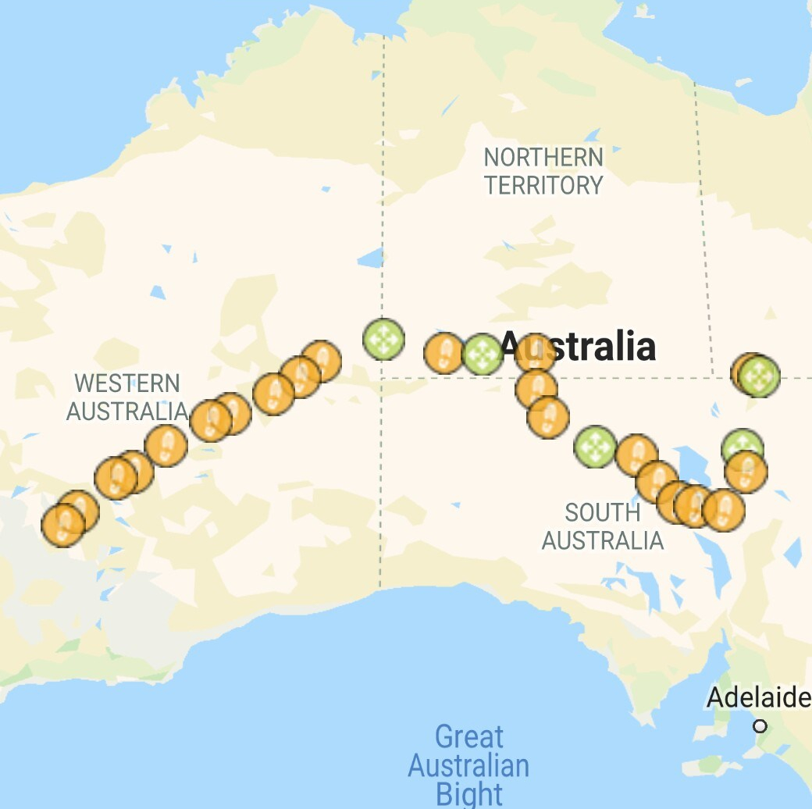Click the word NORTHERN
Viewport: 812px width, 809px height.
point(543,157)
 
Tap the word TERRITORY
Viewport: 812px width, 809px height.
point(543,185)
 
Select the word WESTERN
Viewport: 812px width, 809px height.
point(127,383)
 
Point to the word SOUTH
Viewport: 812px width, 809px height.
point(602,513)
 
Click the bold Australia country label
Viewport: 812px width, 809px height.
point(578,345)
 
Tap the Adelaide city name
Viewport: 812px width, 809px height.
point(758,697)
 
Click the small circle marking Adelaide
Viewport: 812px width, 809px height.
point(760,726)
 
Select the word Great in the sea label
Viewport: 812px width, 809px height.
point(469,736)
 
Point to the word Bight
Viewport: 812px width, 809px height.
point(469,793)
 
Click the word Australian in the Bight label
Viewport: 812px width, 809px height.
point(469,765)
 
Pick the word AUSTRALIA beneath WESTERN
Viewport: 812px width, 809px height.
point(127,411)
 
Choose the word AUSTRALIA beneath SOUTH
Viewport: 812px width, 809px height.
point(602,540)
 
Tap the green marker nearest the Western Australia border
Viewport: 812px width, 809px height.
point(383,340)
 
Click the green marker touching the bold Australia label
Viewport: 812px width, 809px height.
point(482,355)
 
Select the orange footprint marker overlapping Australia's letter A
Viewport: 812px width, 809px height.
point(535,353)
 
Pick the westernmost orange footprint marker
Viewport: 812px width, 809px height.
point(62,525)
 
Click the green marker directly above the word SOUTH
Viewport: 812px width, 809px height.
point(595,447)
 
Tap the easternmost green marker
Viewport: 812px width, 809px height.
point(758,377)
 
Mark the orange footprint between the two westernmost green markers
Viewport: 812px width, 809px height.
point(444,354)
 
